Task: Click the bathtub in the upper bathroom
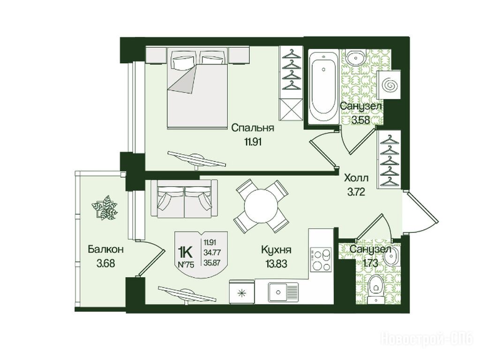point(323,86)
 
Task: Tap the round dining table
point(261,206)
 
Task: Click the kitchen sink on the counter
point(283,292)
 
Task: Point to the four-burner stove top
point(321,259)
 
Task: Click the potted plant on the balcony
point(105,208)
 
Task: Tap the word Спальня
point(252,128)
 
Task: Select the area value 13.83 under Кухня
point(274,263)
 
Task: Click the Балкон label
point(105,249)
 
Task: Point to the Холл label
point(357,178)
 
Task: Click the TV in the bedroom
point(197,159)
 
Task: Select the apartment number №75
point(186,265)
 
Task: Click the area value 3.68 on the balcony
point(105,263)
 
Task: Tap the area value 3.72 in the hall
point(357,193)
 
